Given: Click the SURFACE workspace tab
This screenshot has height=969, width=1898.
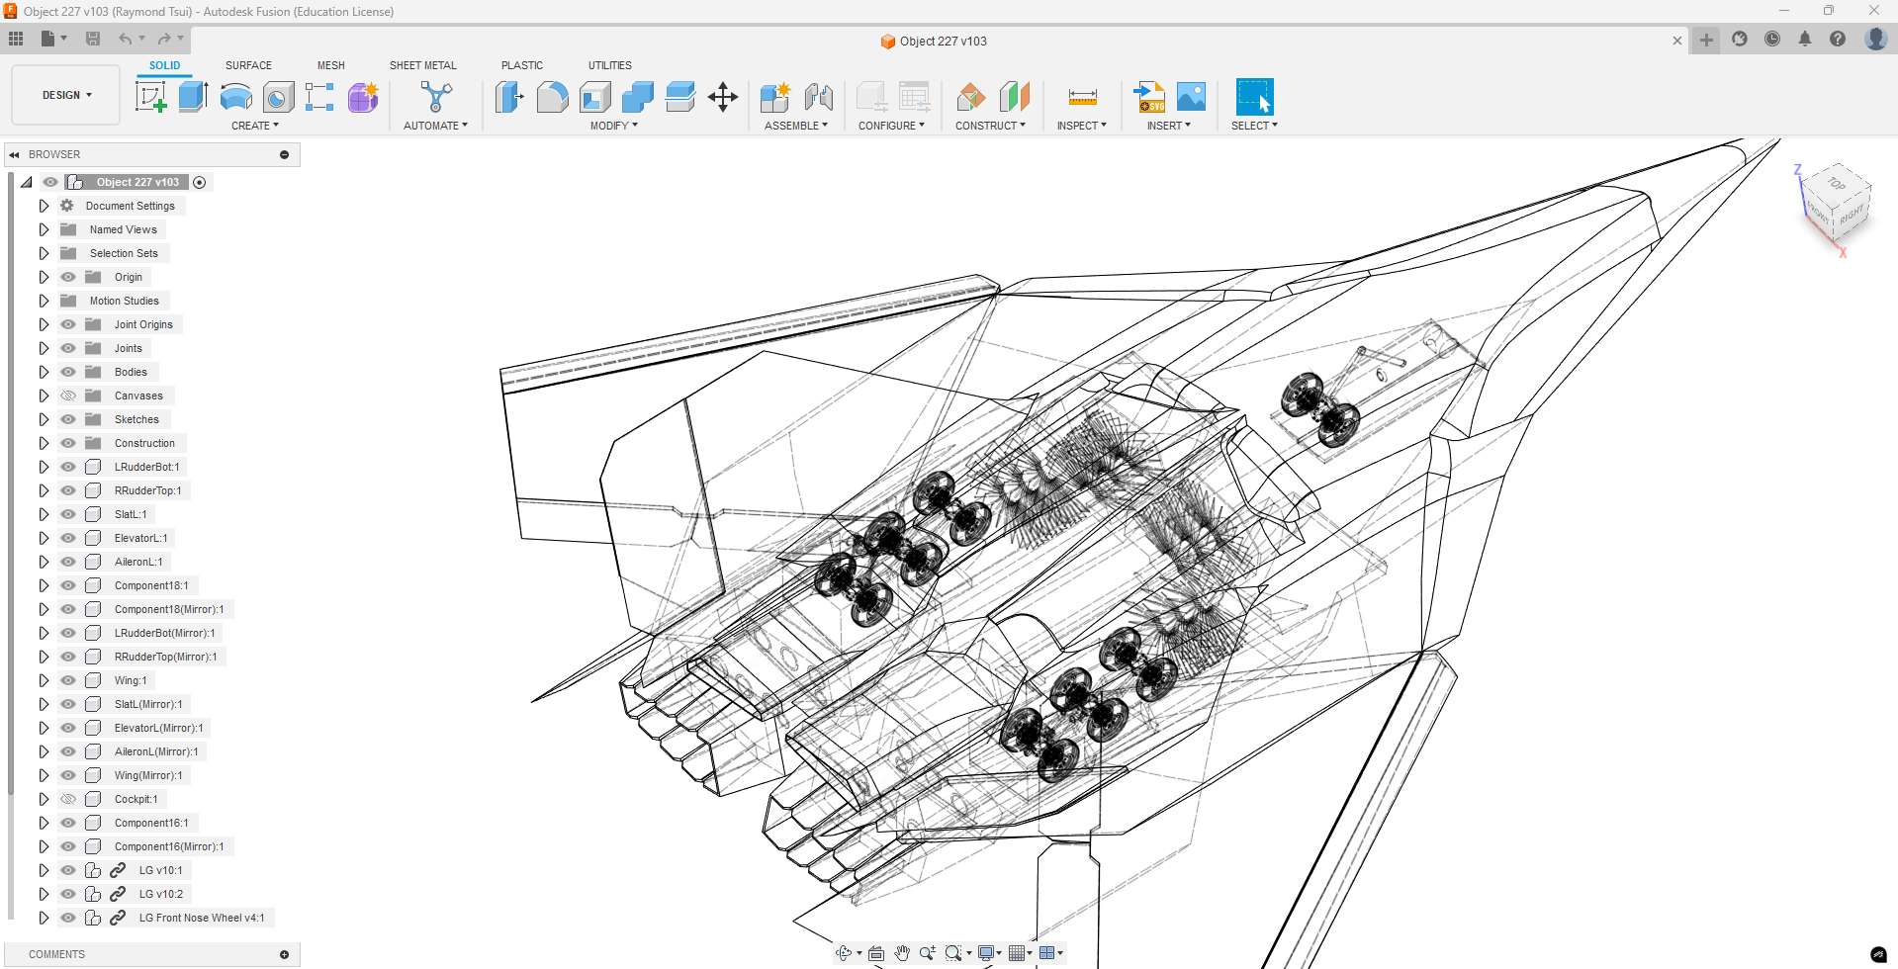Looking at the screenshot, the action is point(248,65).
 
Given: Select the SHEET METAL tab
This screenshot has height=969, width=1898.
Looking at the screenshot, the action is point(422,65).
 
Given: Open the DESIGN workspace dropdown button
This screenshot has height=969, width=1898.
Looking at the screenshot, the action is point(66,95).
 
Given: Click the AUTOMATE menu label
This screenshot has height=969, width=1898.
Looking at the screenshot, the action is point(435,126).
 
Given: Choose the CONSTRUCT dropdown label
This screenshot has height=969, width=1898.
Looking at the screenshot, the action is point(990,126).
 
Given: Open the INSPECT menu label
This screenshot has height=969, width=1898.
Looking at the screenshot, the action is point(1081,126).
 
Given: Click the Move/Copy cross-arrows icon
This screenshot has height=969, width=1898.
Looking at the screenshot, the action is point(723,97).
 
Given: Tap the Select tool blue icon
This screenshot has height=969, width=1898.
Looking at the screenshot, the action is point(1254,97).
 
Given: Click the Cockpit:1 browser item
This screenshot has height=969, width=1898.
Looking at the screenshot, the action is point(136,799).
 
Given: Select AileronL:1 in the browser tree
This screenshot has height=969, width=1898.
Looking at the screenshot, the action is point(138,562).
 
